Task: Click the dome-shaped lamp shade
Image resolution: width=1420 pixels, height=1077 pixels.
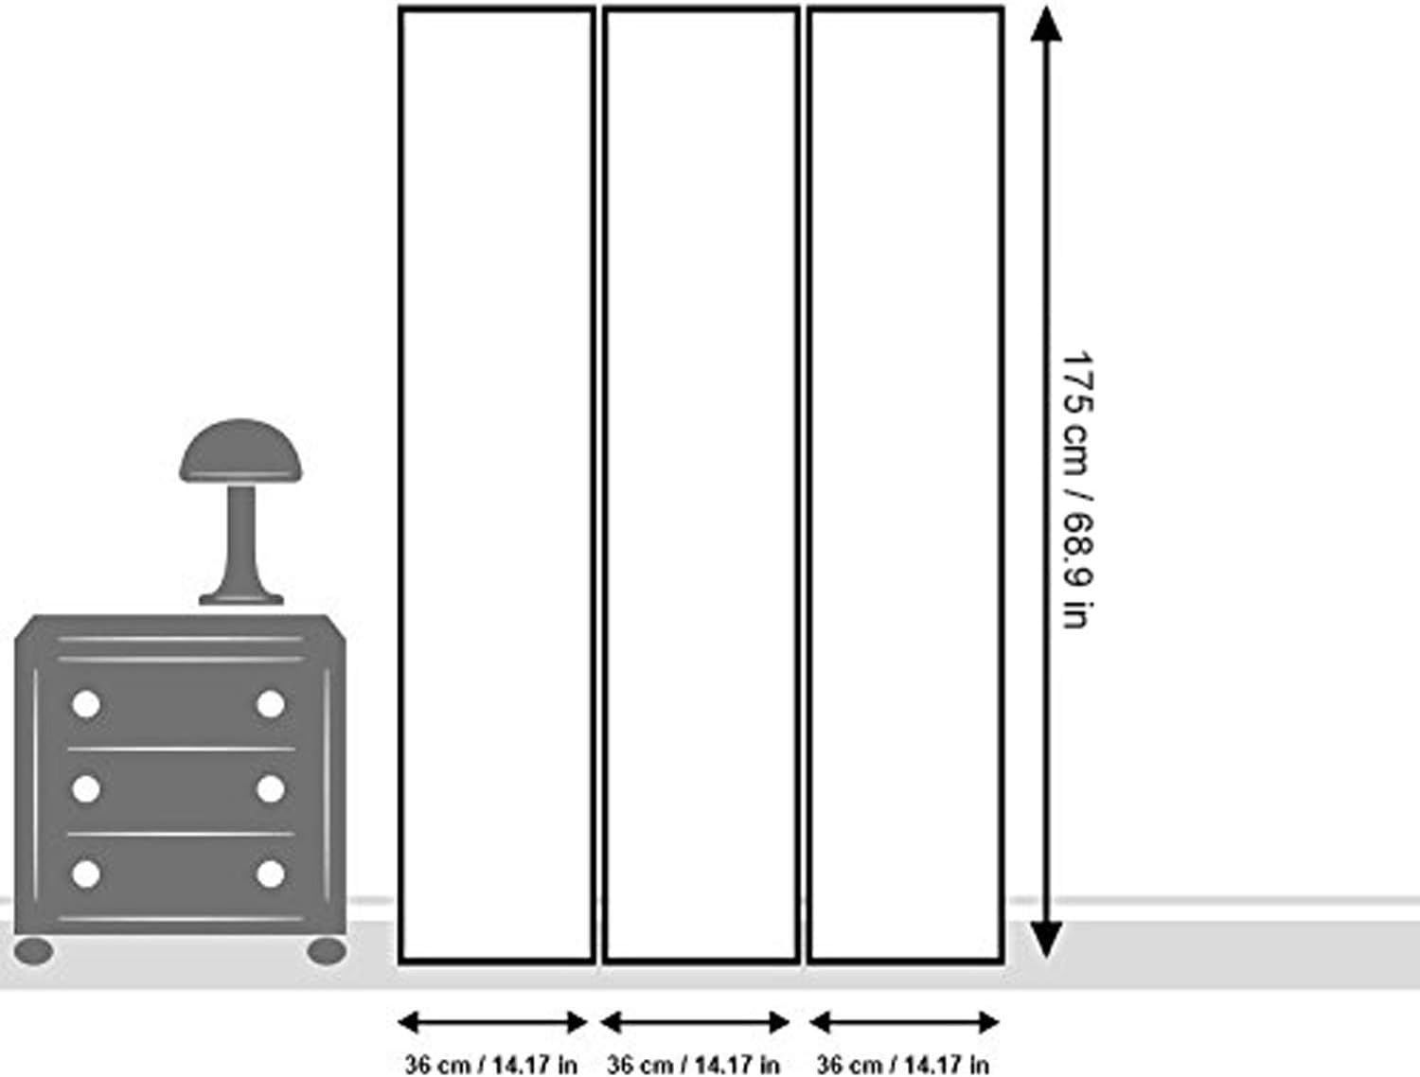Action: (240, 451)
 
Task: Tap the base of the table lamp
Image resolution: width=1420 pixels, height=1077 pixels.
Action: (240, 598)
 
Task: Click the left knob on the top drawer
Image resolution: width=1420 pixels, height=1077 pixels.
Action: (86, 704)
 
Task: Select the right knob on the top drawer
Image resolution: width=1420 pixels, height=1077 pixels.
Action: (271, 704)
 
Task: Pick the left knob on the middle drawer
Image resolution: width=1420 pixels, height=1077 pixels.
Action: (86, 788)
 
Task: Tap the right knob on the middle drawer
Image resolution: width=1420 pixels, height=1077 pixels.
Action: (271, 788)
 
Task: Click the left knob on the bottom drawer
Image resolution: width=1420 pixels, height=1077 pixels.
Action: (86, 874)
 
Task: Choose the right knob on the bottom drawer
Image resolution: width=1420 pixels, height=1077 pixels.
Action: (271, 874)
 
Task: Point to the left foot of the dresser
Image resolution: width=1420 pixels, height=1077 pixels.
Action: (34, 951)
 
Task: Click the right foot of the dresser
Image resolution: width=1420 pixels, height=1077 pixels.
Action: (327, 951)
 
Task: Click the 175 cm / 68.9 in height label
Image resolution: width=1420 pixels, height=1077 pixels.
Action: (1077, 489)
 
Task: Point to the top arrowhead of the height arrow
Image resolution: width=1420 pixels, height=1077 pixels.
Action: (1045, 25)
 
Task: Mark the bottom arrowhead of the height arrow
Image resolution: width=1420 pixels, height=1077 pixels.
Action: (1045, 941)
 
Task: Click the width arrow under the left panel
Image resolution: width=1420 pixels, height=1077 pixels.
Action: (492, 1023)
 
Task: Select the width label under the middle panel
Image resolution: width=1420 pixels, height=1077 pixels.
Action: (694, 1064)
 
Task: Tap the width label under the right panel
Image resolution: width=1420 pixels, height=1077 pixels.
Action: (902, 1064)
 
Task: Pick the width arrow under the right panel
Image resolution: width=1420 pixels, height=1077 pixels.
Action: (904, 1023)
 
